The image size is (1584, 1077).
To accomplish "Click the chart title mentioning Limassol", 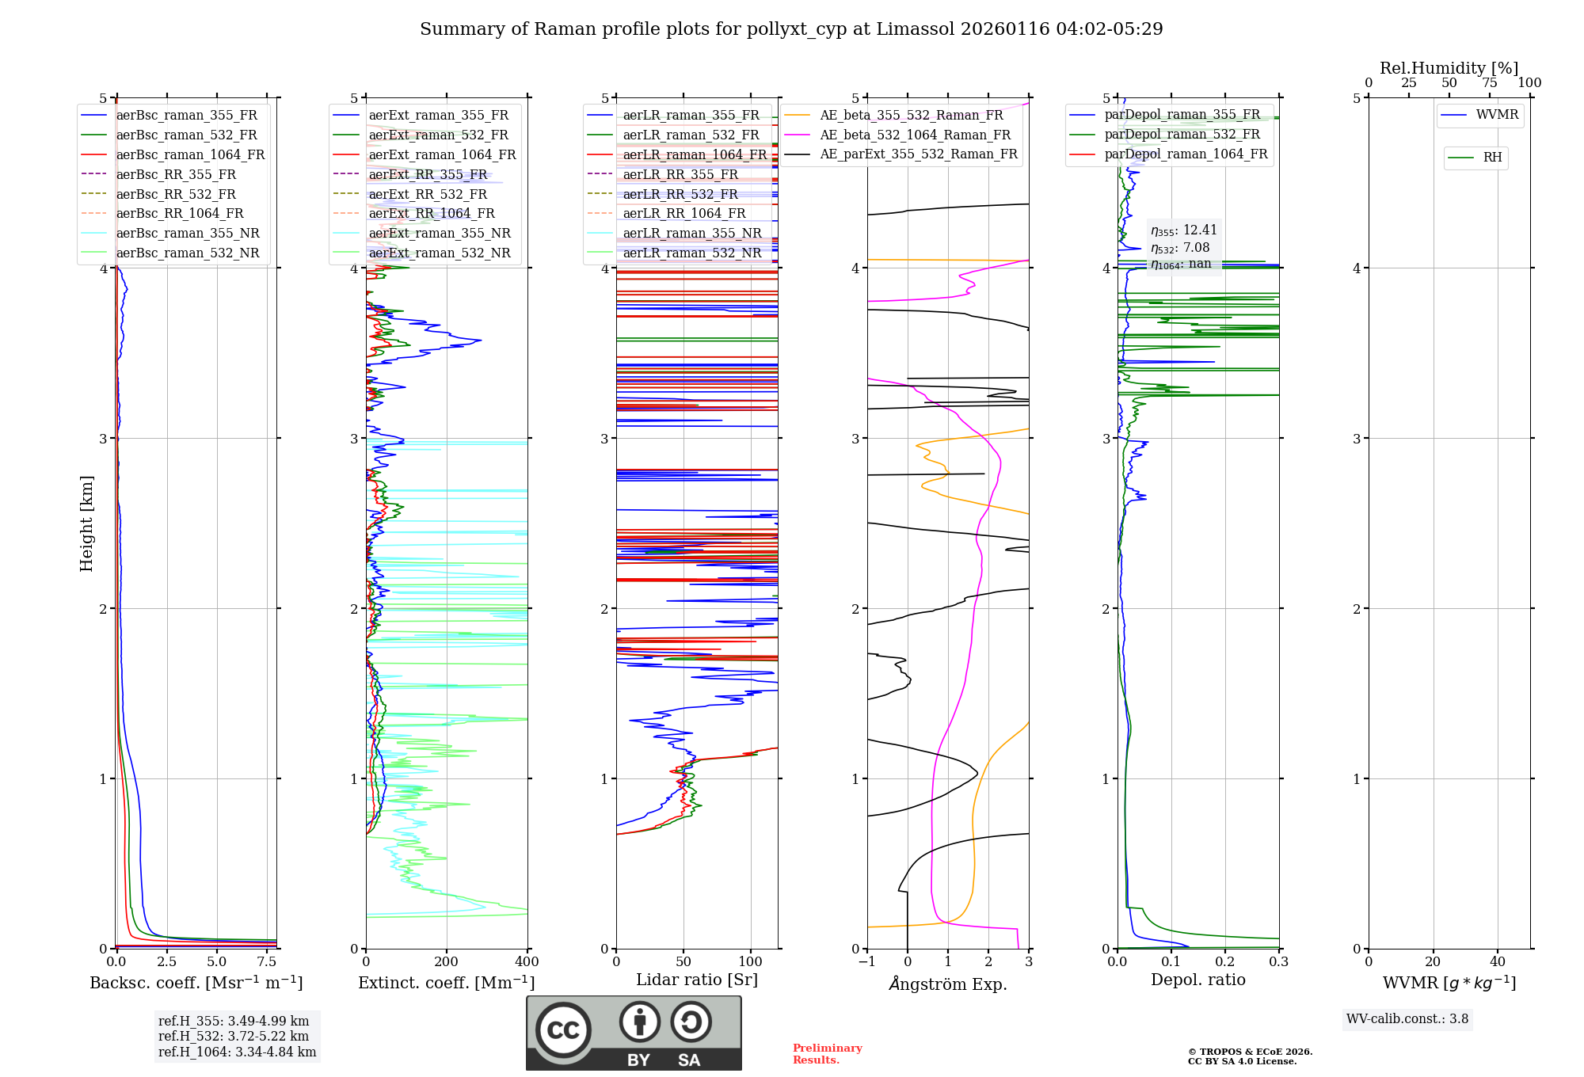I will click(791, 29).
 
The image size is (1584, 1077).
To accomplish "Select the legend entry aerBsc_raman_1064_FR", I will click(190, 154).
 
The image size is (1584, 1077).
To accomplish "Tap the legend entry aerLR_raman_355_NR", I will click(691, 233).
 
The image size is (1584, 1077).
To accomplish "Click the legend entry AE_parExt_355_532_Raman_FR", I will click(919, 154).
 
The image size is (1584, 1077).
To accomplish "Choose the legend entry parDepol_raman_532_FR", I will click(1182, 135).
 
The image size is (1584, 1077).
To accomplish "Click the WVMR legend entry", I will click(1497, 115).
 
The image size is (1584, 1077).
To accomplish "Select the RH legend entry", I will click(1492, 158).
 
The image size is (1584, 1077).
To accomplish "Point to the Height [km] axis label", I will click(86, 523).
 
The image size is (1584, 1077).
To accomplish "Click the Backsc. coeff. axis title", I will click(196, 983).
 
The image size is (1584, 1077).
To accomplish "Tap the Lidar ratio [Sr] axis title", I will click(696, 980).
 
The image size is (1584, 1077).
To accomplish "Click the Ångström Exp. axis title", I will click(947, 984).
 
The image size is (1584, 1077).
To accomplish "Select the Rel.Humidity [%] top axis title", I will click(1449, 68).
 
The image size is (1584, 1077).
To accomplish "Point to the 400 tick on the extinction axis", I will click(527, 962).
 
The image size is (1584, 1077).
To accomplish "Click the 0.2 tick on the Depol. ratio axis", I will click(1224, 962).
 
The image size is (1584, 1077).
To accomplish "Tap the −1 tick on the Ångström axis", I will click(866, 962).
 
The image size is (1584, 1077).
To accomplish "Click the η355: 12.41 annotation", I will click(1183, 230).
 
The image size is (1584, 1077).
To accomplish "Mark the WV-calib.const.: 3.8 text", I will click(1407, 1019).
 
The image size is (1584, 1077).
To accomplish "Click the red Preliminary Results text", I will click(827, 1054).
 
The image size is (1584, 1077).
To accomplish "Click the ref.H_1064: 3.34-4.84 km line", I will click(237, 1052).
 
